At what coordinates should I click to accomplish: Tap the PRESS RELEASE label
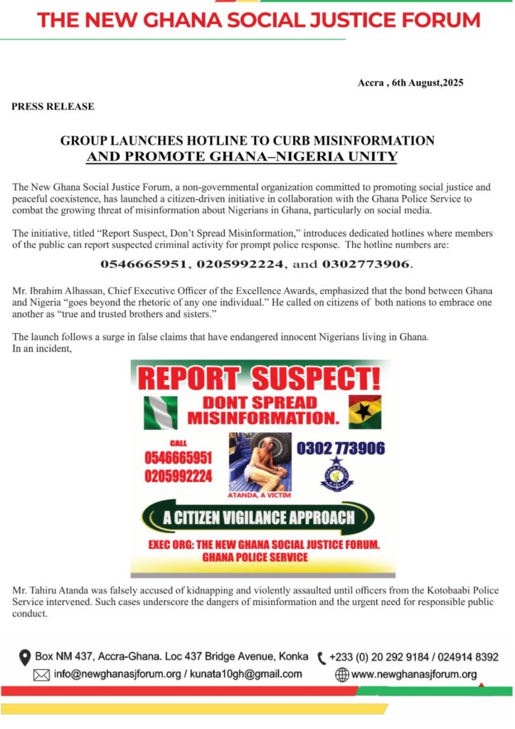(x=53, y=107)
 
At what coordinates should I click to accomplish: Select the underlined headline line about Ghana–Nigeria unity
(x=242, y=156)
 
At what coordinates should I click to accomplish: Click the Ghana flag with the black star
(x=364, y=411)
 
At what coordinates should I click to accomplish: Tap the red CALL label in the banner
(x=178, y=443)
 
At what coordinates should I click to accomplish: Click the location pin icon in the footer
(x=25, y=656)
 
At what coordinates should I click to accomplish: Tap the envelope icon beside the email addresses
(x=22, y=675)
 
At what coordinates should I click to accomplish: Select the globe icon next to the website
(x=342, y=675)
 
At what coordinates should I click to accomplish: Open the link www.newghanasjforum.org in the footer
(x=414, y=675)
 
